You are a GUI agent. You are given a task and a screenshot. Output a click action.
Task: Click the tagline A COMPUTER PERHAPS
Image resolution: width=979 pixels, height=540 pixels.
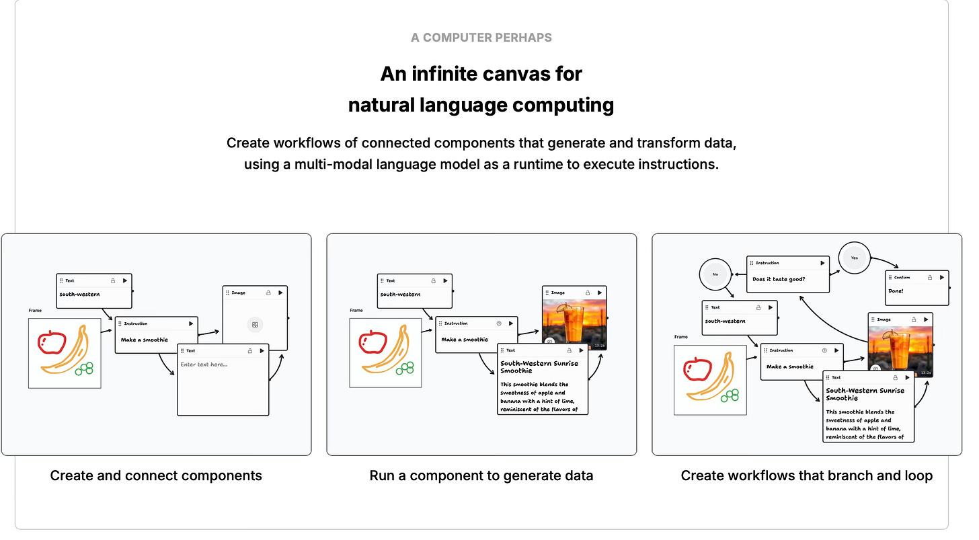click(481, 38)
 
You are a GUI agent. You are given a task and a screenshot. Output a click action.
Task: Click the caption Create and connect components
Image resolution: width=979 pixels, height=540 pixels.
click(156, 476)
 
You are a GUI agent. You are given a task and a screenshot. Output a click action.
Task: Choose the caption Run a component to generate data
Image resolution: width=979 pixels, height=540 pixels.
click(481, 476)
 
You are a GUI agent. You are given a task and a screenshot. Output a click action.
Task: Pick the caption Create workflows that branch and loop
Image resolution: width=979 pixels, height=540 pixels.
click(806, 476)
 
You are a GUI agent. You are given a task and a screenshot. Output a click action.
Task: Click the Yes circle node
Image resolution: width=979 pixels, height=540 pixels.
click(855, 258)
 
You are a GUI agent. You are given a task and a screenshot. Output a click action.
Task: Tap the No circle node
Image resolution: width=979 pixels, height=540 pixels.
click(715, 274)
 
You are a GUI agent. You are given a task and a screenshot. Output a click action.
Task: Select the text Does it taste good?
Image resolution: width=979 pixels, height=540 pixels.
click(779, 279)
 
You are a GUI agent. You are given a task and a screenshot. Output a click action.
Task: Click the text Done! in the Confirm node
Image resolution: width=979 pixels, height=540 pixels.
click(895, 291)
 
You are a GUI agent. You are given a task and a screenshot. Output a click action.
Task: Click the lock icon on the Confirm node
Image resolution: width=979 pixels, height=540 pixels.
click(930, 277)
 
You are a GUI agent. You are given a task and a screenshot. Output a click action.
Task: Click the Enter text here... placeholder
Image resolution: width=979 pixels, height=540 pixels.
click(204, 364)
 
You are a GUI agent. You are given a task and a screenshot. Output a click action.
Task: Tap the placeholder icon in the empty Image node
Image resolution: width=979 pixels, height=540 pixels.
click(256, 324)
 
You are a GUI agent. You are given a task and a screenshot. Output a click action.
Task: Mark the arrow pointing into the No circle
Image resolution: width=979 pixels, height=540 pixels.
click(739, 274)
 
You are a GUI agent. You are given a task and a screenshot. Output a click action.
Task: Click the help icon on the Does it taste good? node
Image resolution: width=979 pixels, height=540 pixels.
click(806, 264)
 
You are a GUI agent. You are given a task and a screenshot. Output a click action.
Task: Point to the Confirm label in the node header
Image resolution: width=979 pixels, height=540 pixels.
click(902, 277)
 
